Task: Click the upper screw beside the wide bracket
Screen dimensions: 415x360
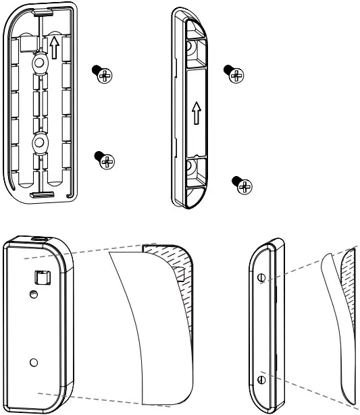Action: (104, 74)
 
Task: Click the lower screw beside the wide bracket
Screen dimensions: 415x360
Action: (106, 161)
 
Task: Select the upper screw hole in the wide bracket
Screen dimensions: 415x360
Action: (38, 63)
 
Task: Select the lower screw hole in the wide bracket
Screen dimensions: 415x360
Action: (38, 144)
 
